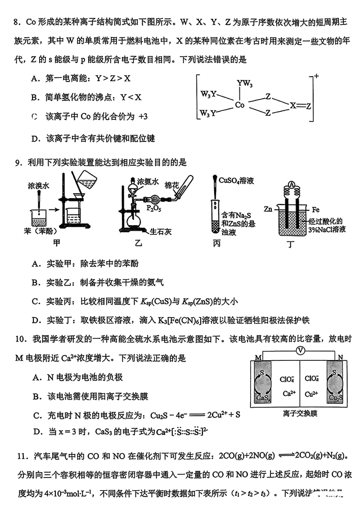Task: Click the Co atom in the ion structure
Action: (239, 105)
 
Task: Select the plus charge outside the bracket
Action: (316, 77)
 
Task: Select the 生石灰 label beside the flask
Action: (160, 231)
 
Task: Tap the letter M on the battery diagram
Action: (258, 357)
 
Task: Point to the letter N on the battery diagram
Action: (340, 357)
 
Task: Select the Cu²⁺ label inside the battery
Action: (311, 394)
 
